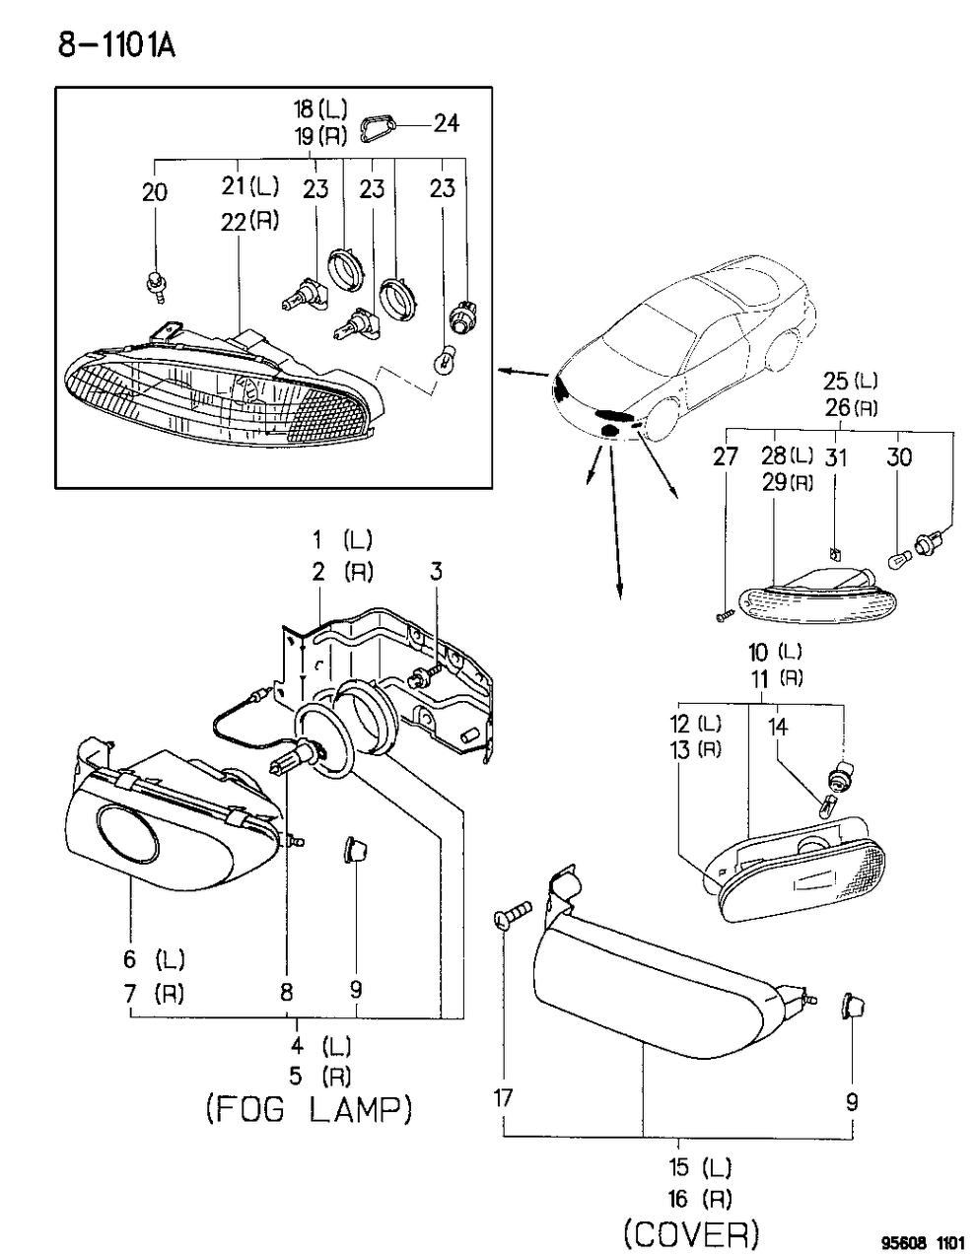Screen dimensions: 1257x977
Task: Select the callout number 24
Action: click(447, 123)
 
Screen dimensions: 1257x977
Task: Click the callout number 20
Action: click(155, 192)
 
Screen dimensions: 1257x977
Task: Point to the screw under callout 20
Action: click(155, 284)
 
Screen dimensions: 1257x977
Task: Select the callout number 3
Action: click(436, 571)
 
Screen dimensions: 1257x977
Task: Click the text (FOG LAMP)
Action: click(309, 1110)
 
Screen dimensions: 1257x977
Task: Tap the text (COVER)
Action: click(691, 1232)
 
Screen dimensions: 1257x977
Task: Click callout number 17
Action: click(503, 1097)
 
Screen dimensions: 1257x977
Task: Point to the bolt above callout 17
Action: click(509, 914)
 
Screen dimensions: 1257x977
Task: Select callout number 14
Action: click(778, 728)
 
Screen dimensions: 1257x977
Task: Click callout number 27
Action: click(726, 456)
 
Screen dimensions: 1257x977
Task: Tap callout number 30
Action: click(898, 456)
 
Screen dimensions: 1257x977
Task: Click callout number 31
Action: click(836, 456)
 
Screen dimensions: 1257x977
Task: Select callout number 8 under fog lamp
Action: click(286, 993)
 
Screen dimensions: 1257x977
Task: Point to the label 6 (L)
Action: click(154, 958)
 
